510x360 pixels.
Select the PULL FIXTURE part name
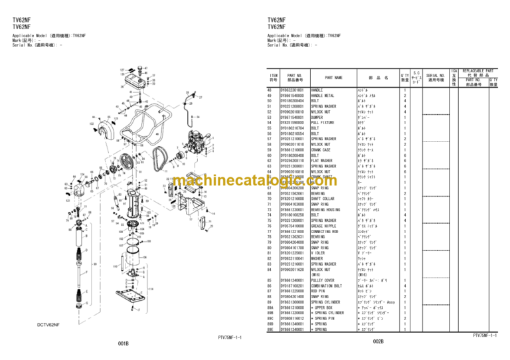[323, 122]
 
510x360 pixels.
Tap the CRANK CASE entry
[321, 149]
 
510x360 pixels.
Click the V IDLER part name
[318, 253]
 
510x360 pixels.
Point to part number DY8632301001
[292, 90]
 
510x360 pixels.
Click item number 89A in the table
[270, 308]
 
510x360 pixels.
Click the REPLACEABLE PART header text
[479, 70]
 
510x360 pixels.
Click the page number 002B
[378, 341]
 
